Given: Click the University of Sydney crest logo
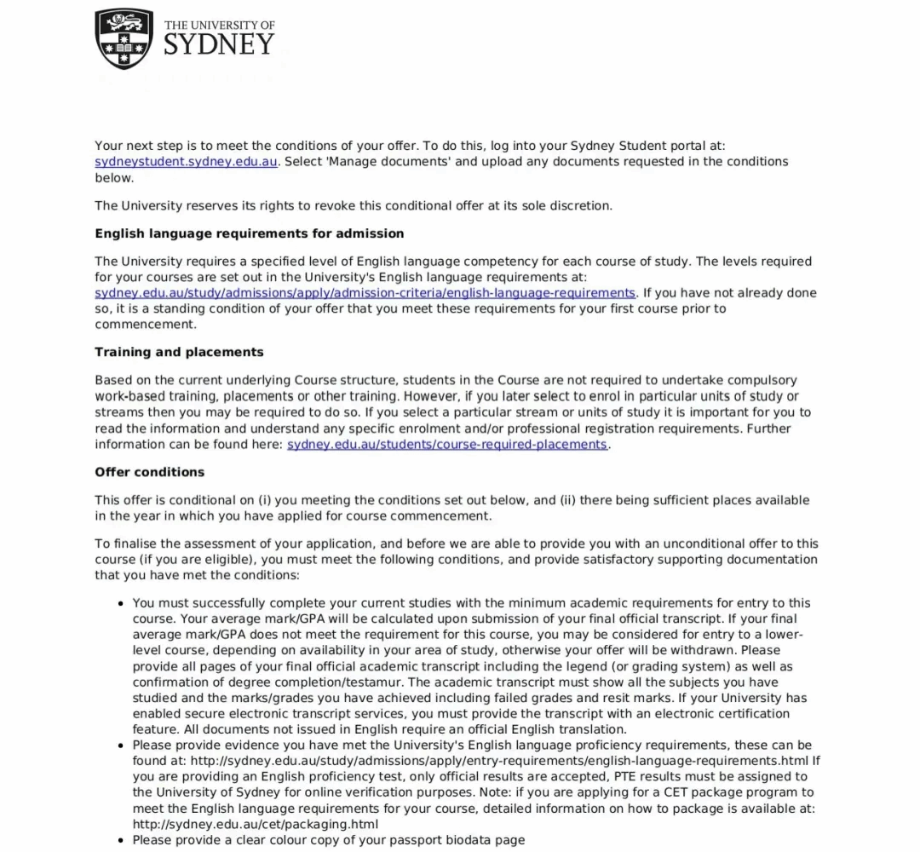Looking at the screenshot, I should [x=124, y=38].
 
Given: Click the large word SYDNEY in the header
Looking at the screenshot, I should [x=219, y=45].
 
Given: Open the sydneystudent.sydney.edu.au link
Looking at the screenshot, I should [x=186, y=162].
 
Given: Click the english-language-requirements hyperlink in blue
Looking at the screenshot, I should [x=365, y=293].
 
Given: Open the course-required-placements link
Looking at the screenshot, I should [x=447, y=445].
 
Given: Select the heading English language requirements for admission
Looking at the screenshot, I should [x=250, y=233].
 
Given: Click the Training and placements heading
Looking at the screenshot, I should [x=179, y=352].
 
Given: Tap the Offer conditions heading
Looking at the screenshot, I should [x=150, y=472].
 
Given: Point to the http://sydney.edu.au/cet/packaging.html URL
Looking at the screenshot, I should [x=256, y=824].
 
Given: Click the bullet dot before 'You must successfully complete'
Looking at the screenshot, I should [x=121, y=603].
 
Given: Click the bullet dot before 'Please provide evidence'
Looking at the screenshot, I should [x=121, y=745].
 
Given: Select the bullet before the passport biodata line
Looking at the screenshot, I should [x=121, y=840].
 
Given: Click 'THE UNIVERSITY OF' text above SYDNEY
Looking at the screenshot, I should [x=219, y=25].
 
